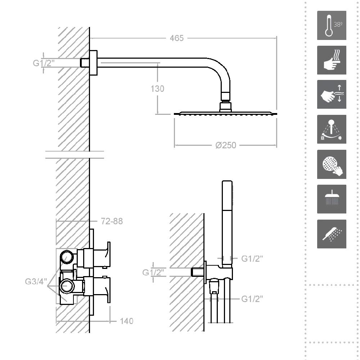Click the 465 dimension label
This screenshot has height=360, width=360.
(x=176, y=38)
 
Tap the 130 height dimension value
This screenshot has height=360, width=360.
(x=158, y=89)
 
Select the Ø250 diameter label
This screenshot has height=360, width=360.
(x=226, y=145)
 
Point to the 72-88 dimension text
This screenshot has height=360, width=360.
(x=112, y=221)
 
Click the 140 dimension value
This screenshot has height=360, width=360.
(x=126, y=321)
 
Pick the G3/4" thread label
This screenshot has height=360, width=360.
(x=36, y=281)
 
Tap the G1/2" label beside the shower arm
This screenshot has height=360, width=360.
(x=44, y=63)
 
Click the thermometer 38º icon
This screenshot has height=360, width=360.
(x=332, y=25)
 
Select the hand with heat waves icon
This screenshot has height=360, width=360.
(x=332, y=60)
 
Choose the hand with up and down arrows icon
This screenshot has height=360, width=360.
(x=332, y=94)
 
